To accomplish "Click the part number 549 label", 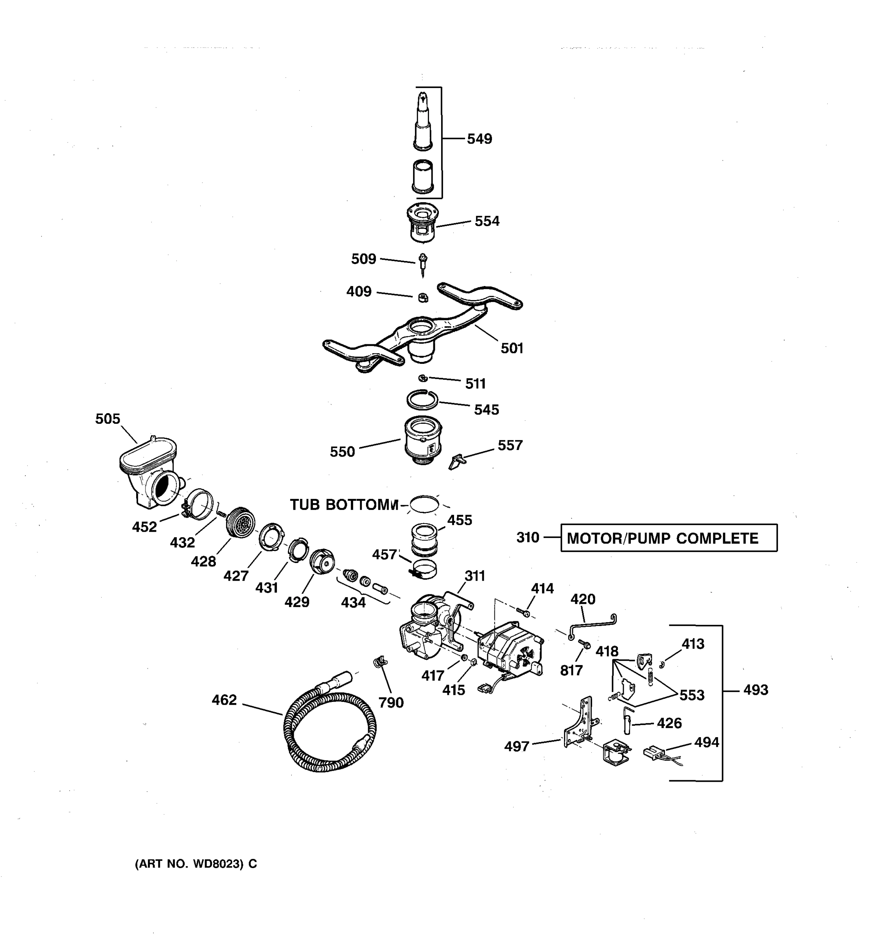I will pyautogui.click(x=479, y=139).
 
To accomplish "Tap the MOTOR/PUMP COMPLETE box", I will pyautogui.click(x=668, y=538).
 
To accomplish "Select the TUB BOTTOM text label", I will pyautogui.click(x=344, y=505).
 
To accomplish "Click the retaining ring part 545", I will pyautogui.click(x=422, y=399).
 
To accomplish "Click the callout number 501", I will pyautogui.click(x=512, y=348).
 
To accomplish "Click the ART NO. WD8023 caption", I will pyautogui.click(x=196, y=863).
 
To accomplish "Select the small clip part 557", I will pyautogui.click(x=456, y=461).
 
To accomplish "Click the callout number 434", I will pyautogui.click(x=353, y=602).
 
